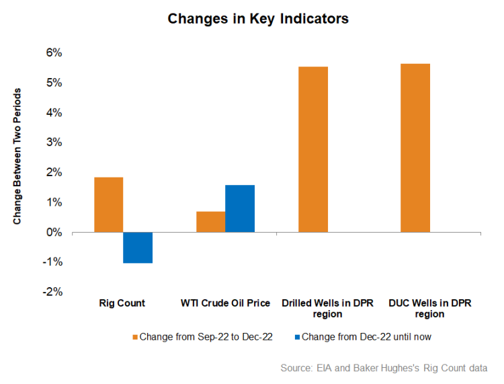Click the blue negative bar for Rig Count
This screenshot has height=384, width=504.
pos(138,247)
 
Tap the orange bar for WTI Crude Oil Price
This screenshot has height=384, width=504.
pos(211,222)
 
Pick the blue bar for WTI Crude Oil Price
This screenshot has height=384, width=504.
pos(240,208)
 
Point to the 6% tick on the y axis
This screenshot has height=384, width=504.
pos(54,52)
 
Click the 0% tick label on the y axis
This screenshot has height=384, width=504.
pos(54,233)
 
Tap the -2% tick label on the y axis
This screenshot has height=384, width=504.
pos(52,293)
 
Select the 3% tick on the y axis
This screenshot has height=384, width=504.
pos(54,143)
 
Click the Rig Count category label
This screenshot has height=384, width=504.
pos(123,303)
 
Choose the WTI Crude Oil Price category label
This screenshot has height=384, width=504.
pos(225,303)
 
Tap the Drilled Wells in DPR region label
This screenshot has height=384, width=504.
pos(327,309)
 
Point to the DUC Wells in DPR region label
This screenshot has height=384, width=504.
pos(430,309)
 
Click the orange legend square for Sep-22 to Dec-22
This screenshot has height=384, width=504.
pos(134,337)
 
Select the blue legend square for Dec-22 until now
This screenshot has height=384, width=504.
pos(296,337)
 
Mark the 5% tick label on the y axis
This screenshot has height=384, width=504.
pos(54,83)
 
